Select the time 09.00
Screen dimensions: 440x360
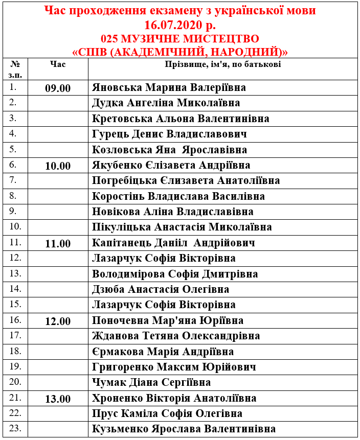point(58,88)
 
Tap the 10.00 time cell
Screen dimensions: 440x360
point(58,166)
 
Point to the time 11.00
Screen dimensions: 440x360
point(58,243)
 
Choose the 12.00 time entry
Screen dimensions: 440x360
point(58,321)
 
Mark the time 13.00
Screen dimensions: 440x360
point(58,399)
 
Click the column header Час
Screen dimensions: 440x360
point(58,64)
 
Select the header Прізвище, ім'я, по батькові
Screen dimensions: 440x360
point(222,64)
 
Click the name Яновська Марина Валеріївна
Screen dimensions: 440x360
point(169,87)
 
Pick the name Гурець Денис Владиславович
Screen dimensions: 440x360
point(170,134)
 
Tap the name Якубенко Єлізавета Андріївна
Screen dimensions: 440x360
point(171,165)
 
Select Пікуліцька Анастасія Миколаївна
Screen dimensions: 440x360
point(182,227)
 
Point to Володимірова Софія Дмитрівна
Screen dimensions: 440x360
point(175,274)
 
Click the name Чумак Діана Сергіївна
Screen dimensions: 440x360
point(151,382)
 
